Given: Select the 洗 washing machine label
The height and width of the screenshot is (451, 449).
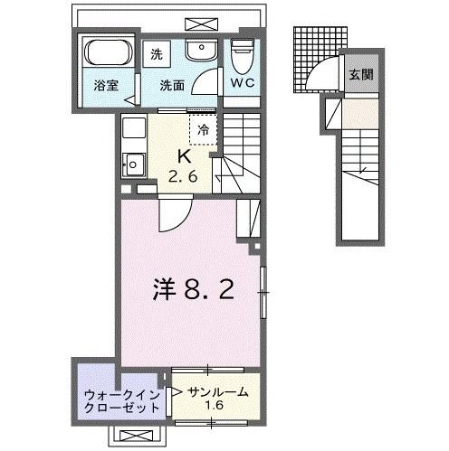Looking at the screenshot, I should [156, 53].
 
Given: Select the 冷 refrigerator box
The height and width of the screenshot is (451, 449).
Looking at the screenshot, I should [203, 129].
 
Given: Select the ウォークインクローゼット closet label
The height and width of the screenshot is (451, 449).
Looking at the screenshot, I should [121, 401].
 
